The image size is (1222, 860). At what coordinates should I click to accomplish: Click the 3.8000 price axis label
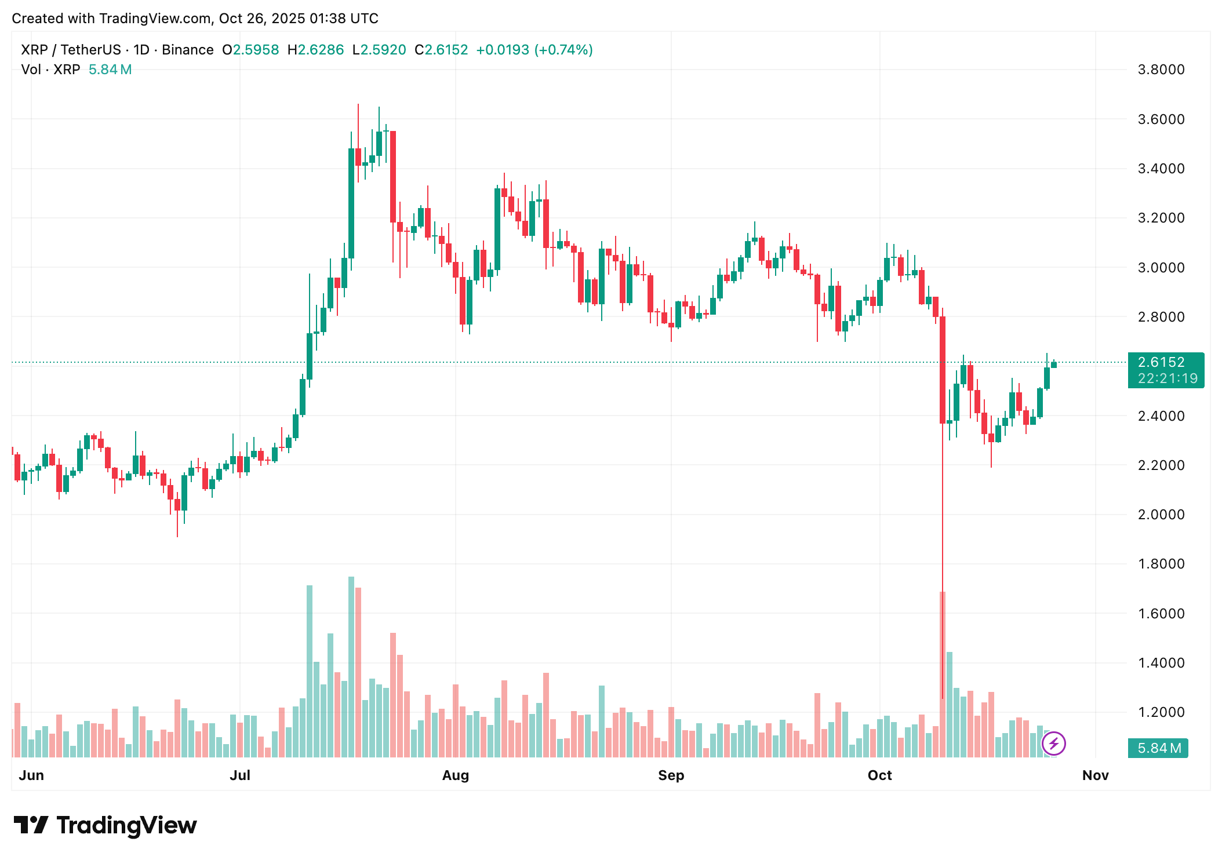(1161, 70)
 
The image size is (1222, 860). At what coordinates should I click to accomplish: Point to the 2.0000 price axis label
(1161, 515)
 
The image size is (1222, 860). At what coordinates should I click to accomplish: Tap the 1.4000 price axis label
(1161, 663)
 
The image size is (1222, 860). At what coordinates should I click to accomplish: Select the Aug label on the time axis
(455, 775)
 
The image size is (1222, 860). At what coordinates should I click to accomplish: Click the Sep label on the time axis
(671, 775)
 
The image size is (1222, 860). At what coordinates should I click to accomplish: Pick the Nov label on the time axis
(1095, 775)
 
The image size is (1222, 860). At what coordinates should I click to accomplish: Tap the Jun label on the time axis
(31, 775)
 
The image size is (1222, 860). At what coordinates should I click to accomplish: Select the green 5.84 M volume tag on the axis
(1158, 748)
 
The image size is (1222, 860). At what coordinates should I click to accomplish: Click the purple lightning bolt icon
(1053, 744)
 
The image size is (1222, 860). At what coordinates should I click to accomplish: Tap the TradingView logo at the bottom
(106, 825)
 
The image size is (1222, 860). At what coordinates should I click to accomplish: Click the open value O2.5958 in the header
(250, 50)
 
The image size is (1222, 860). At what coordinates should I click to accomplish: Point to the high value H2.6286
(316, 50)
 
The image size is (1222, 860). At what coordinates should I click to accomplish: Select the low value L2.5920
(380, 50)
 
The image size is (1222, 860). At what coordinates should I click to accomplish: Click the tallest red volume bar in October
(943, 672)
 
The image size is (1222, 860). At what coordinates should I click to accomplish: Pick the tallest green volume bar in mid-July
(351, 666)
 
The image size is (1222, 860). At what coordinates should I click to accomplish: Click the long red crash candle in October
(943, 371)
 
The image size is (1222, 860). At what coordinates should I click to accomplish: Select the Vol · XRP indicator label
(50, 70)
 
